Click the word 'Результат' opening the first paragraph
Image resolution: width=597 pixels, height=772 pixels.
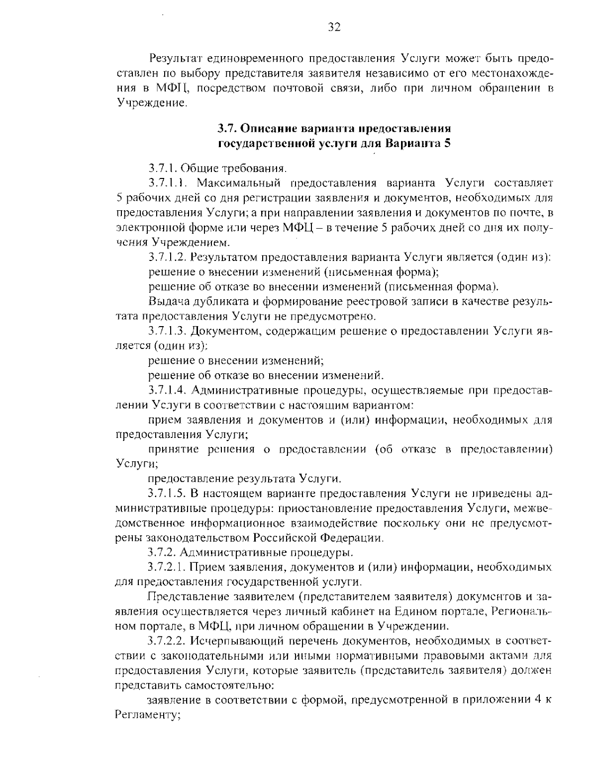174,59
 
